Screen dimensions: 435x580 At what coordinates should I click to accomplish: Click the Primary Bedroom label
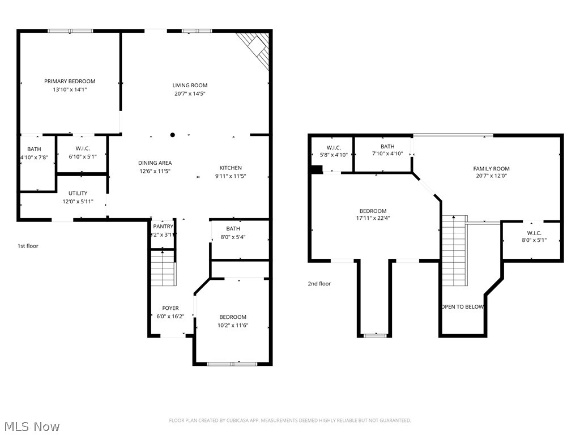70,82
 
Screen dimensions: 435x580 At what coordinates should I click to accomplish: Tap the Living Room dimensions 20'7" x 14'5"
190,94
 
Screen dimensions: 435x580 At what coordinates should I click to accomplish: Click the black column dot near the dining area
173,135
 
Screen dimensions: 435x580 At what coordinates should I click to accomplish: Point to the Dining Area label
155,163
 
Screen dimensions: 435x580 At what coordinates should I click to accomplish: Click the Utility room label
78,194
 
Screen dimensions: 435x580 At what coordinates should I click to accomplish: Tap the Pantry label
163,227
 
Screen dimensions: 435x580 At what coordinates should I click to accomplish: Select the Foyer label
170,308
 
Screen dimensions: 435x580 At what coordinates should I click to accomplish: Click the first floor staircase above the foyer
163,268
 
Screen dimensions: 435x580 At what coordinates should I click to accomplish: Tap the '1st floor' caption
28,246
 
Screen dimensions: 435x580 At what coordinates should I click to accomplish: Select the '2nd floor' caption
319,284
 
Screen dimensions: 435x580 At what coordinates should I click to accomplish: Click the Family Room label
491,168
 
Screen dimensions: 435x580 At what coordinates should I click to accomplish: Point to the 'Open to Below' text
463,306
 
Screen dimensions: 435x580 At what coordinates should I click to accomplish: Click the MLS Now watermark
31,426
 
